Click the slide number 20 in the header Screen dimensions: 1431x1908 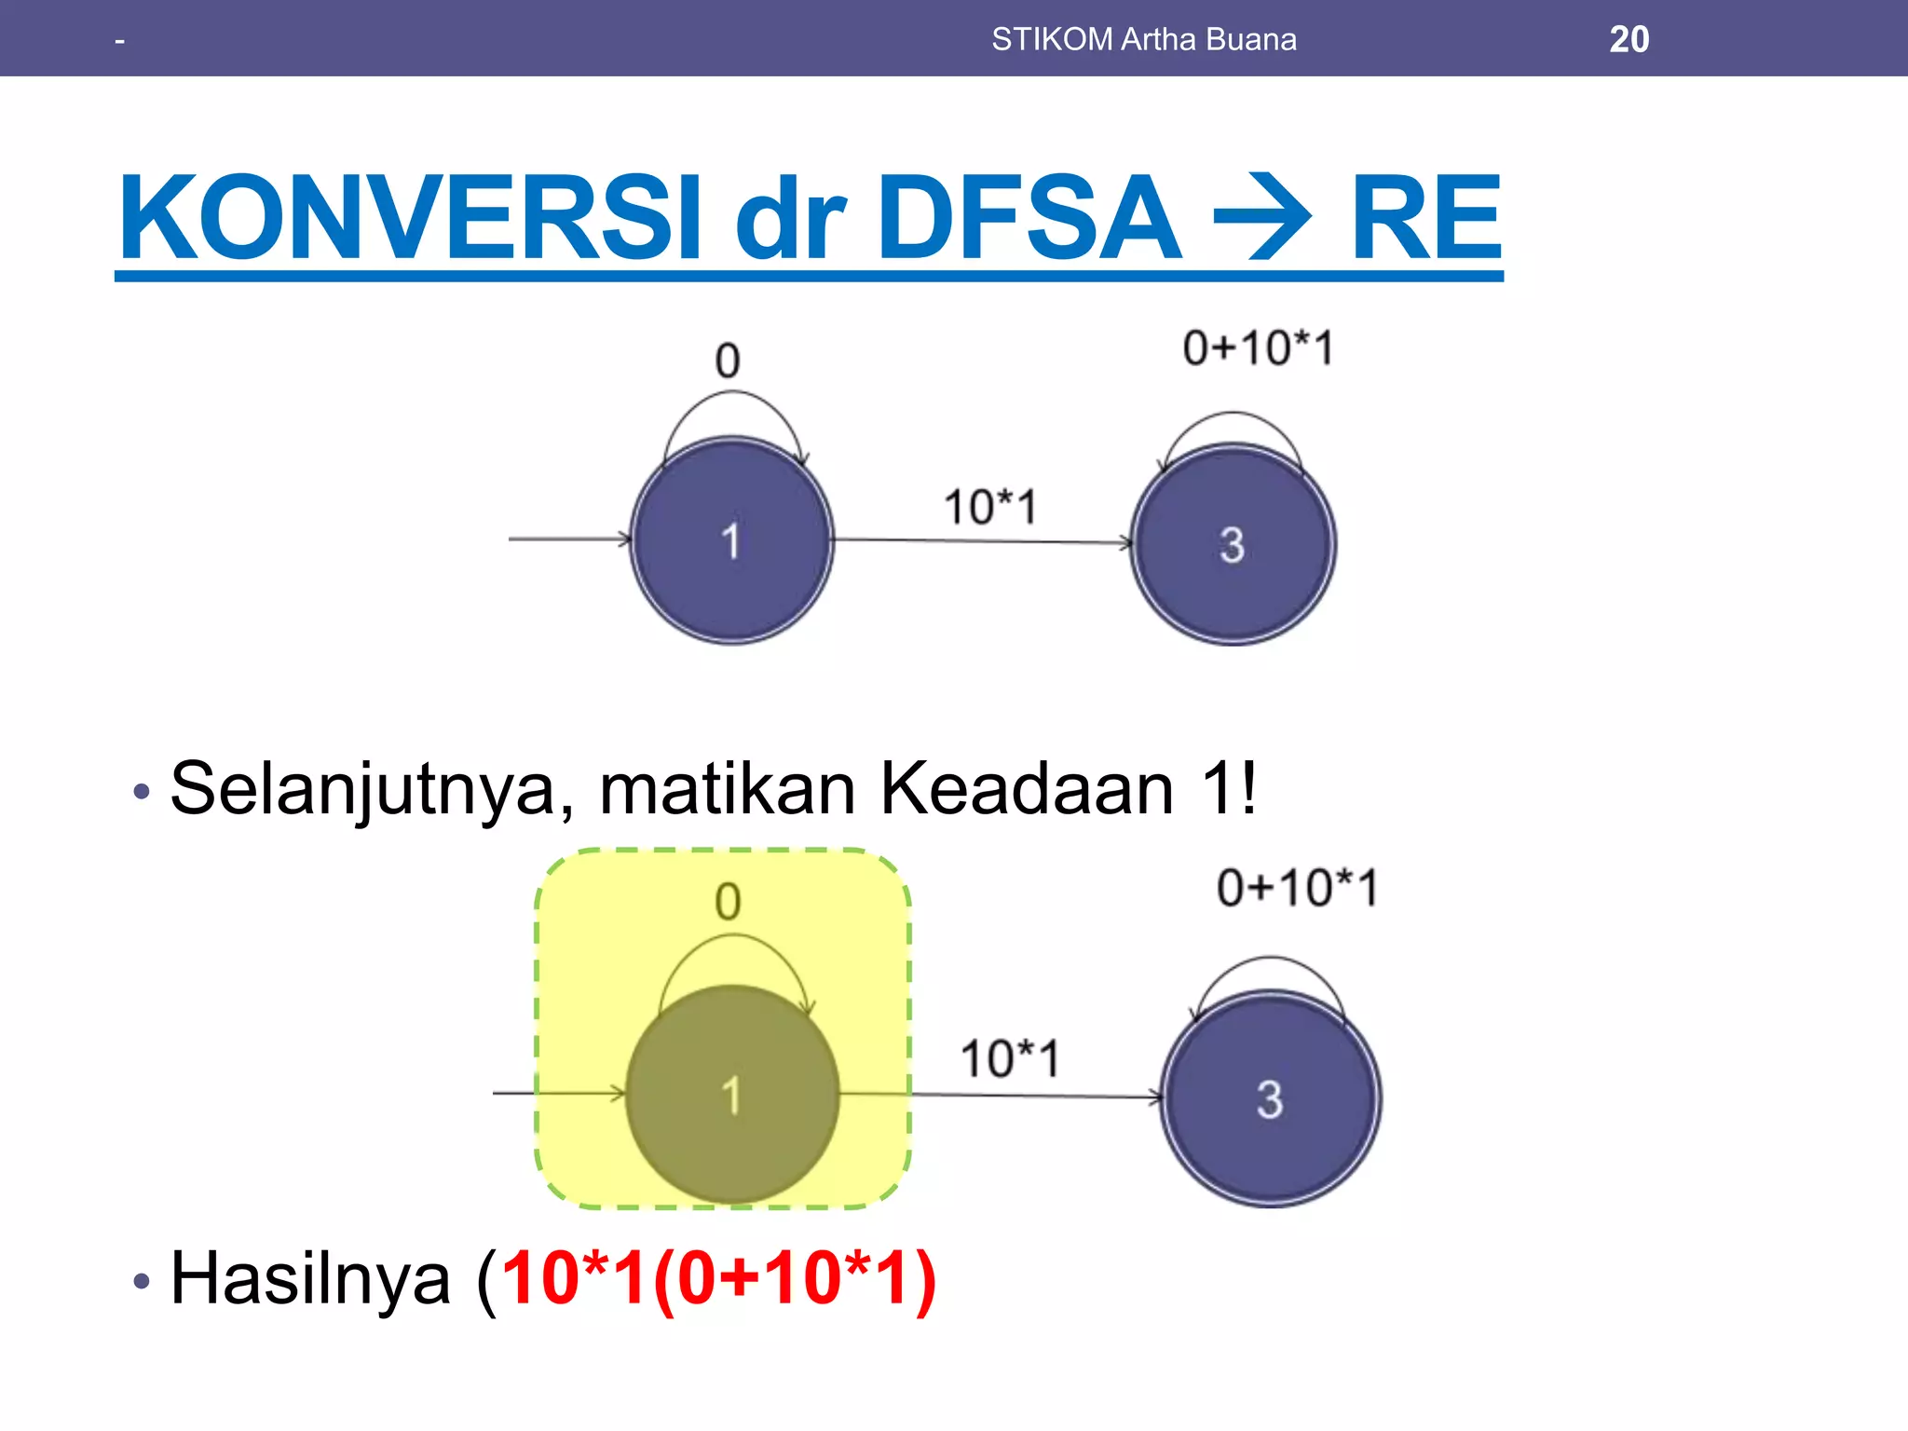click(x=1629, y=39)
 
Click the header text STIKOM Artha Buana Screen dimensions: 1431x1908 click(x=1143, y=39)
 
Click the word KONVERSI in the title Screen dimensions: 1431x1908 click(x=410, y=218)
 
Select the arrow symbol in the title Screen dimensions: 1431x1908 click(x=1263, y=218)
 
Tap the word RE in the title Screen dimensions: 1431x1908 click(x=1425, y=218)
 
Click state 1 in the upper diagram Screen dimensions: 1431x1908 click(x=731, y=540)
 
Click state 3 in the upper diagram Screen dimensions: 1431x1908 click(x=1233, y=544)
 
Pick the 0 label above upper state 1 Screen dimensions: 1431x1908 click(x=728, y=361)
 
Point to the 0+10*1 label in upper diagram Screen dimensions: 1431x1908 click(x=1258, y=348)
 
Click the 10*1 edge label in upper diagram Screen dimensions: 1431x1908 click(x=989, y=508)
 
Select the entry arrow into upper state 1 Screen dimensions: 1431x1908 click(x=568, y=538)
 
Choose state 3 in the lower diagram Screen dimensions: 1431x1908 click(x=1270, y=1099)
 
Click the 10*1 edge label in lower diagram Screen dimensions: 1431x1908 click(x=1010, y=1059)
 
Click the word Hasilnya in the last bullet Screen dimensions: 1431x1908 click(x=310, y=1278)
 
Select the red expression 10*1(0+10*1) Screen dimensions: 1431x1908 click(x=717, y=1278)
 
